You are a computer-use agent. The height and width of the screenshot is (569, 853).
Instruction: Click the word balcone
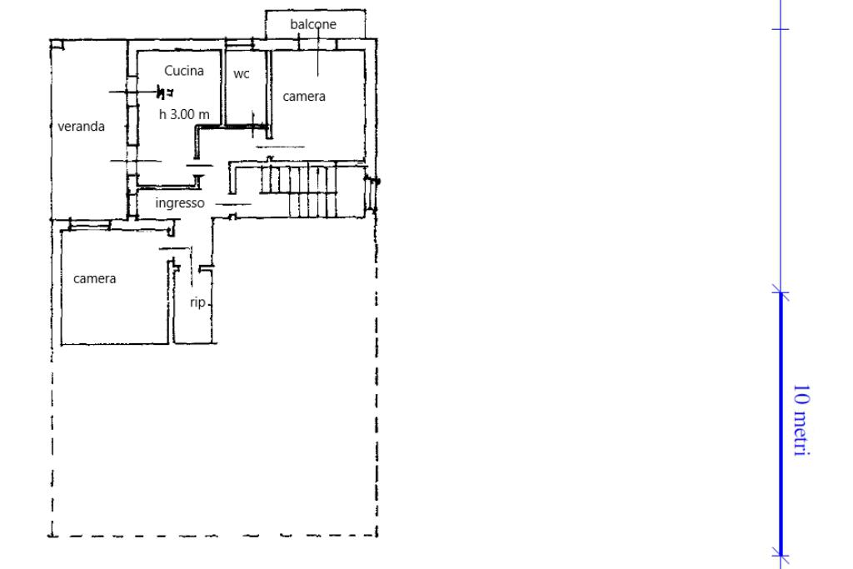point(313,24)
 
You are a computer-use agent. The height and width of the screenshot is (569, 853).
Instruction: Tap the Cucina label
point(184,71)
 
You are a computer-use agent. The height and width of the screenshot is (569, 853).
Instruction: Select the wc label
point(242,74)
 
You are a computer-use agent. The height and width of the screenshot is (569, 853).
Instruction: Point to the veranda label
point(81,126)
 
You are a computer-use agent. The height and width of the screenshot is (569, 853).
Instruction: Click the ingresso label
point(180,203)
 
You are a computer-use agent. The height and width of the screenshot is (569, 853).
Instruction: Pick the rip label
point(197,302)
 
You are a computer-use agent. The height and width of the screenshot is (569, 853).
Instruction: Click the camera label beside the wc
point(304,97)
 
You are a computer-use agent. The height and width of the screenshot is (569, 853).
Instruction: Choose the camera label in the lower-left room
point(95,279)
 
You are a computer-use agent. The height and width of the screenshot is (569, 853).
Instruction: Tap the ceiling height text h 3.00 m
point(184,114)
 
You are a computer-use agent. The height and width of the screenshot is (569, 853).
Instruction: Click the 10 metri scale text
point(801,420)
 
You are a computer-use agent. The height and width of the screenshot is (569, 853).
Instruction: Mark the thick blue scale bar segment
point(781,424)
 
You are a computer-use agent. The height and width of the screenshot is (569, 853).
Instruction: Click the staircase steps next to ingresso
point(299,191)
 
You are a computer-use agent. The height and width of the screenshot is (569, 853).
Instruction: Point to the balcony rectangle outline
point(316,10)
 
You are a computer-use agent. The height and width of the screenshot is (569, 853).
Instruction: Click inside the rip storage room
point(194,321)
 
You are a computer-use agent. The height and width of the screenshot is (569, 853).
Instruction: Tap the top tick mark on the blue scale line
point(781,29)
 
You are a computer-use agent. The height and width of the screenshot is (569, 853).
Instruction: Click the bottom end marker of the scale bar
point(781,556)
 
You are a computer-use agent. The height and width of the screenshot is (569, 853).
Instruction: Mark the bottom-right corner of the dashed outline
point(377,536)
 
